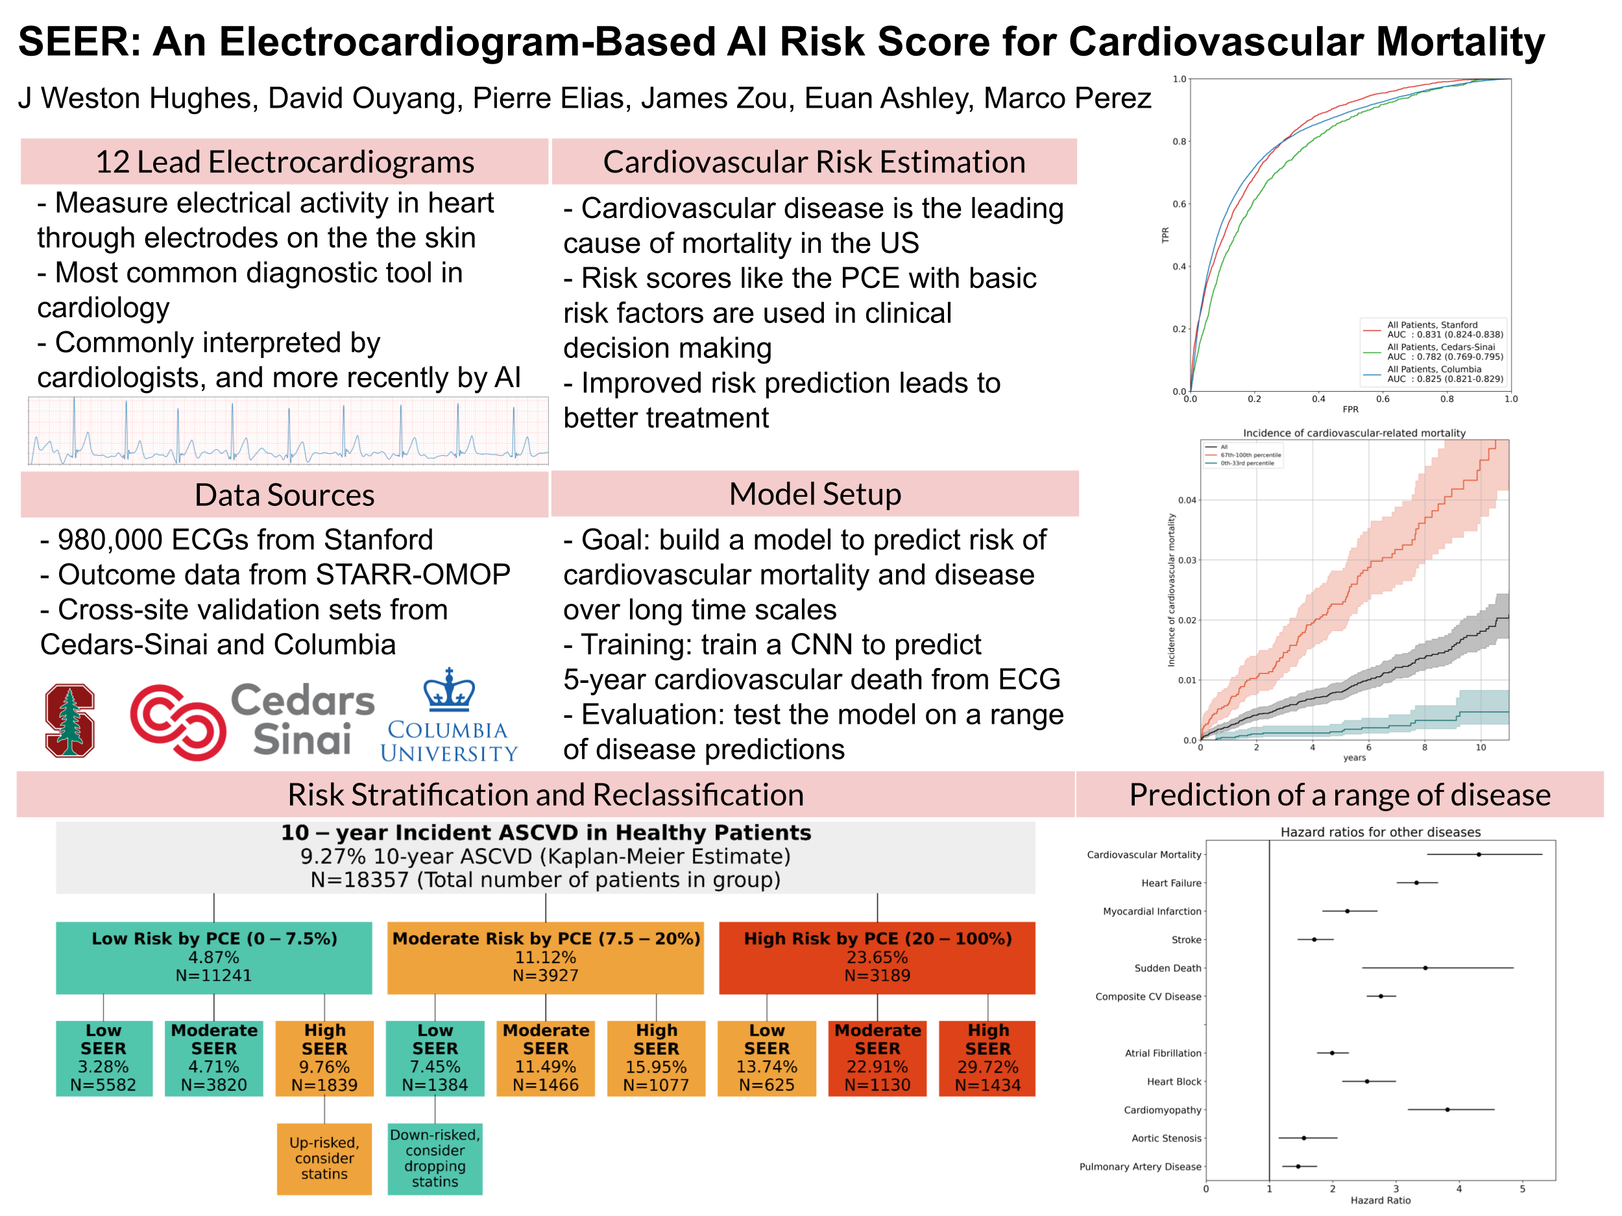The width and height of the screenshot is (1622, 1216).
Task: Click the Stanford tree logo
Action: click(x=69, y=720)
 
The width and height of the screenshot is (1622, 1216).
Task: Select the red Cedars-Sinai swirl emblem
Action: click(x=178, y=722)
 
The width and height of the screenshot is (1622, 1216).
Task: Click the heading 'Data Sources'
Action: click(x=285, y=495)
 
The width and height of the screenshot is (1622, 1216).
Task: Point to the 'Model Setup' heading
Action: click(x=815, y=494)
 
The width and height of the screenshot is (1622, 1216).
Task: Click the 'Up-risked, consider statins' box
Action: click(x=324, y=1158)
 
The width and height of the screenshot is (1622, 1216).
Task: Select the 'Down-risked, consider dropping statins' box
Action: click(x=435, y=1158)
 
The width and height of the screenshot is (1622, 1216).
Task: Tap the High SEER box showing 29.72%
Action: click(x=987, y=1058)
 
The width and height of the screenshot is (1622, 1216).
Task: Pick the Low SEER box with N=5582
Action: click(x=103, y=1058)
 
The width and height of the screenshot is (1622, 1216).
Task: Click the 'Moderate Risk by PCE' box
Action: click(x=546, y=957)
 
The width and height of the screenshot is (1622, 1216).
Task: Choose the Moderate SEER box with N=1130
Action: click(x=877, y=1058)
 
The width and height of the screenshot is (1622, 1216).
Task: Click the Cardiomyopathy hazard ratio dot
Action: click(x=1447, y=1109)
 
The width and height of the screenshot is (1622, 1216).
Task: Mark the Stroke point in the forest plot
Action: click(x=1313, y=939)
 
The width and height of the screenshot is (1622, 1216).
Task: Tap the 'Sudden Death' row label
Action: click(x=1167, y=968)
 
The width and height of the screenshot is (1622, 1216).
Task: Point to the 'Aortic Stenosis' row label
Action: click(x=1166, y=1138)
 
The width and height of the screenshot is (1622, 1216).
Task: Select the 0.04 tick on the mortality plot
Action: click(x=1187, y=500)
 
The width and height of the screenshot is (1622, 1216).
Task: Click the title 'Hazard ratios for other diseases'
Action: click(x=1380, y=832)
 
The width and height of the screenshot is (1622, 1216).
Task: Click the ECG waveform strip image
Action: click(x=288, y=431)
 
